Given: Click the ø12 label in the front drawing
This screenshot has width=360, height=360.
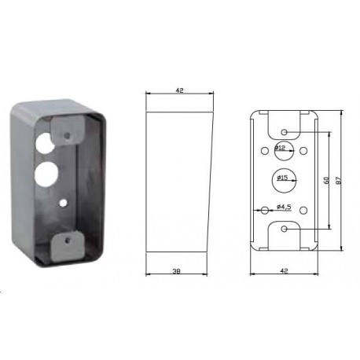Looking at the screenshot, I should click(x=281, y=147).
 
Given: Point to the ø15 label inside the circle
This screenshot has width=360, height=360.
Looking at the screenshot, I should click(x=282, y=179).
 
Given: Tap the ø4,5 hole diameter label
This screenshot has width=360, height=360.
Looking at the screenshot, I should click(x=285, y=207).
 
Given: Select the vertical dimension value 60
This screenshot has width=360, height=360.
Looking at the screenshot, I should click(x=325, y=180).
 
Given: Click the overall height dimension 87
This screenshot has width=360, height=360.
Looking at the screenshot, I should click(x=338, y=180).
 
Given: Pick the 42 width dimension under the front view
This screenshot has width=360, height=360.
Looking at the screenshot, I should click(x=282, y=271).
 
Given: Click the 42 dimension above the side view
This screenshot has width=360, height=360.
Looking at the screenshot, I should click(x=180, y=92).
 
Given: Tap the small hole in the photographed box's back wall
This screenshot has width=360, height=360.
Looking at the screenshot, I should click(x=63, y=202).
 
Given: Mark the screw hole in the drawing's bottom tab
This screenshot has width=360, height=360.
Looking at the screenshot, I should click(x=283, y=230).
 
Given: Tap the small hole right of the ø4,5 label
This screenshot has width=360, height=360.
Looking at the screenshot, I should click(x=303, y=208).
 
